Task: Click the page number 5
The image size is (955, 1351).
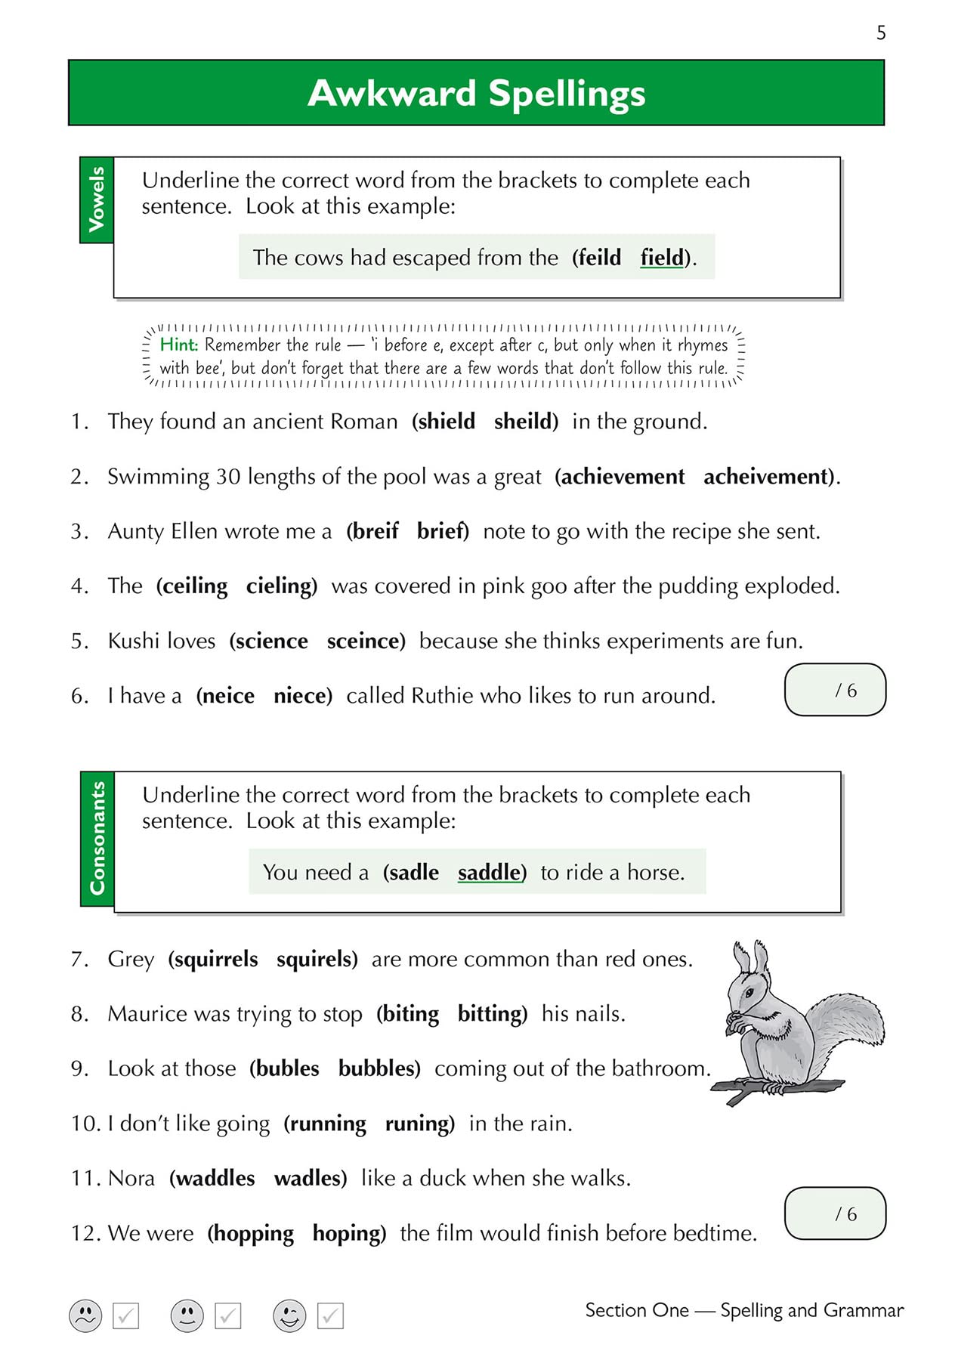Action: (881, 32)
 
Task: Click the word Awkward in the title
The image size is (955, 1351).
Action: (391, 94)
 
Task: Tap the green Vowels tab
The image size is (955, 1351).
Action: (97, 199)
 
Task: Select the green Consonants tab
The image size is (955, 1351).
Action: (97, 838)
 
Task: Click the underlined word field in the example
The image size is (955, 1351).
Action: (662, 258)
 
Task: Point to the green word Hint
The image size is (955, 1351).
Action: (178, 345)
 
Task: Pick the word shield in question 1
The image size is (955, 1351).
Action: (446, 421)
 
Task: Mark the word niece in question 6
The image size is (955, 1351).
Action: (301, 695)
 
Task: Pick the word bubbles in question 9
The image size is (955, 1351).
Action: (377, 1068)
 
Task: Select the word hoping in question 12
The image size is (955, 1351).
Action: (347, 1233)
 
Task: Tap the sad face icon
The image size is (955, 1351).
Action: (85, 1315)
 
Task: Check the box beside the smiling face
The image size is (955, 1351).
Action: (330, 1315)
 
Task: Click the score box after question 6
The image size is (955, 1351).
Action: (835, 689)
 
